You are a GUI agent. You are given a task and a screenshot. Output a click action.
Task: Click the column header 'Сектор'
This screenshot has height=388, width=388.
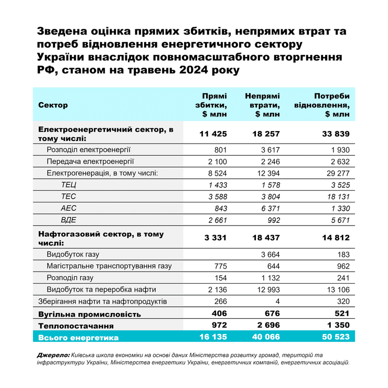coord(53,105)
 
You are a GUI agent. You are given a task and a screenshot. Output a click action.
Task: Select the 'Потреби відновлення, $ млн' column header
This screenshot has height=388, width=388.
coord(327,105)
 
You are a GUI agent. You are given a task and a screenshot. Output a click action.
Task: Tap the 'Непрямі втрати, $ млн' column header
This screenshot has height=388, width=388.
coord(262,105)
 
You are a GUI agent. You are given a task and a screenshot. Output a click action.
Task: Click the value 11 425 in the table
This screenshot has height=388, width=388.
coord(213,134)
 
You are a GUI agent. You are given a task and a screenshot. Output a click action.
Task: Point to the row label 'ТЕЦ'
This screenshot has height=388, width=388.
coord(69,185)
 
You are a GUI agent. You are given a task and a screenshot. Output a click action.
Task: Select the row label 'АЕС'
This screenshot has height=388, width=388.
coord(69,208)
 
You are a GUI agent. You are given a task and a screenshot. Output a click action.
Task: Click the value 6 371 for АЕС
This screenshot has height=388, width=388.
coord(267,208)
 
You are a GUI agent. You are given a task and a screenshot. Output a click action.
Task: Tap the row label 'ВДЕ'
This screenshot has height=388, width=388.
coord(69,220)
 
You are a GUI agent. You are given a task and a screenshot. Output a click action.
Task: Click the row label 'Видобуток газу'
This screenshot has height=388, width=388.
coord(73,255)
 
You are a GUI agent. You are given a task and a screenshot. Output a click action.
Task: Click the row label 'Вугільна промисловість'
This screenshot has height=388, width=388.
coord(90,315)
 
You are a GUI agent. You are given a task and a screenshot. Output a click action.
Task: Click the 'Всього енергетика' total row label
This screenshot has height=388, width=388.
coord(79,338)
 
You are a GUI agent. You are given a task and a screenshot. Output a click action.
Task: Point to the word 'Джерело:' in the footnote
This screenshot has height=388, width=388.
coord(53,355)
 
